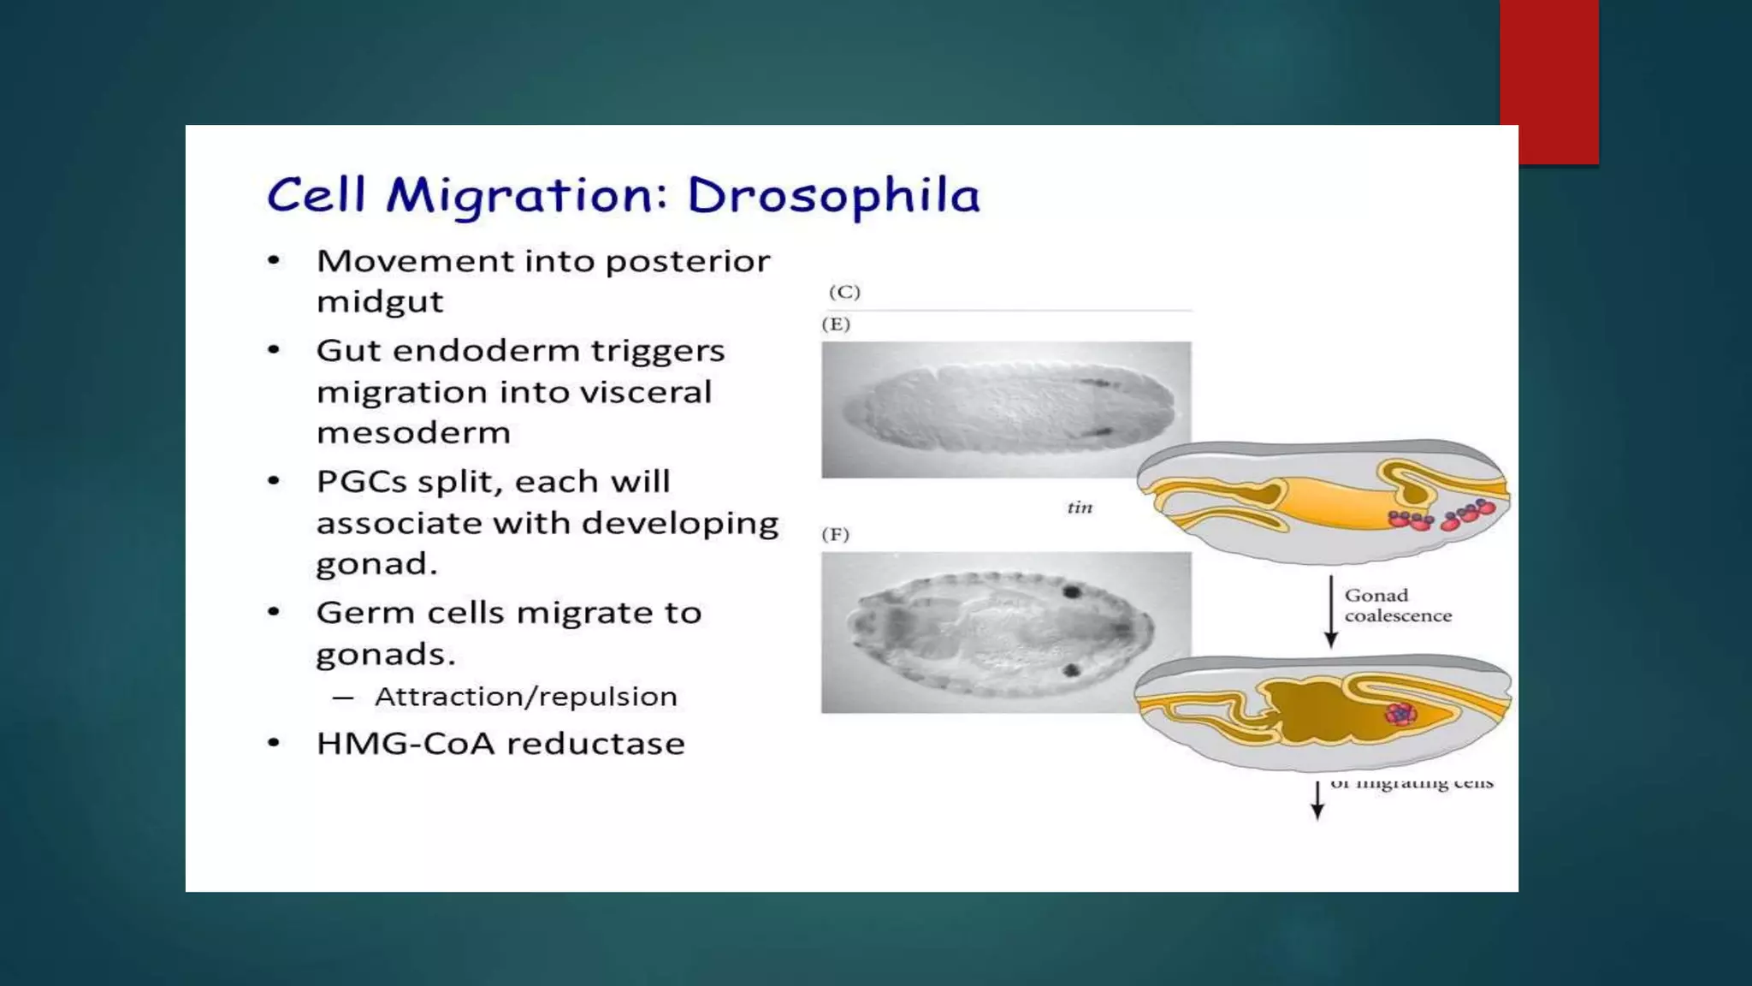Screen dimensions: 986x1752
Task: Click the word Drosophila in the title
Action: [x=832, y=196]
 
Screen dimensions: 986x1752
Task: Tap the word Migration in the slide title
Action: [x=524, y=196]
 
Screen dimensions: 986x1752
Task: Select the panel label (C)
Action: [x=843, y=292]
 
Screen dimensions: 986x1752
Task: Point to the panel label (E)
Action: [x=836, y=324]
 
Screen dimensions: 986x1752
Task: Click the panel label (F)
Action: [x=835, y=535]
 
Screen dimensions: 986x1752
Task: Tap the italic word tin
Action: [x=1080, y=508]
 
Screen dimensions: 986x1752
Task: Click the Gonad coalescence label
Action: [x=1397, y=605]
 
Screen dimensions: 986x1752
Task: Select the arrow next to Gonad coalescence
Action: [x=1330, y=611]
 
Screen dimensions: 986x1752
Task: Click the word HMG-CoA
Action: [x=405, y=744]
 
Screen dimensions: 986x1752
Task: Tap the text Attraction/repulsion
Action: [x=525, y=697]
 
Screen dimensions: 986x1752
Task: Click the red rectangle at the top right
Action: [x=1548, y=81]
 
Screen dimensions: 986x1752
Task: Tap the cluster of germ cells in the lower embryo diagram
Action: [x=1400, y=713]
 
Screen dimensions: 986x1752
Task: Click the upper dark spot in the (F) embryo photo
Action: [x=1070, y=591]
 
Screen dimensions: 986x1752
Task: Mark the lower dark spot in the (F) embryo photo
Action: [x=1069, y=669]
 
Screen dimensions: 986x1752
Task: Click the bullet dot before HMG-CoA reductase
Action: [x=274, y=743]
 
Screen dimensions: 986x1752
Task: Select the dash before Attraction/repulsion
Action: [x=342, y=698]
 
